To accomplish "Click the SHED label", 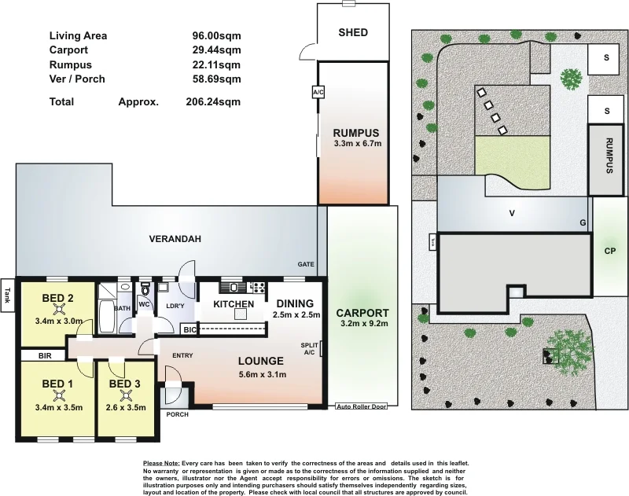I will click(353, 33).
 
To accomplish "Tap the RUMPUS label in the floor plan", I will click(356, 132).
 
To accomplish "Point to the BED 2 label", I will click(58, 298).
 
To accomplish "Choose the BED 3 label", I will click(124, 384).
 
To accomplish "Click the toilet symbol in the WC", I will click(145, 290).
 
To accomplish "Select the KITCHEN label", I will click(234, 304).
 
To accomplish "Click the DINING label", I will click(295, 303).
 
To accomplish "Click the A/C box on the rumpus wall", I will click(318, 92).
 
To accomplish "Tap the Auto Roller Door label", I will click(362, 406).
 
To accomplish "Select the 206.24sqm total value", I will click(216, 101).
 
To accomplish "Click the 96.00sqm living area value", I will click(216, 35).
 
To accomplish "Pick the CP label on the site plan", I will click(609, 252).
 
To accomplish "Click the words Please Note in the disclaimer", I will click(161, 464).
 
